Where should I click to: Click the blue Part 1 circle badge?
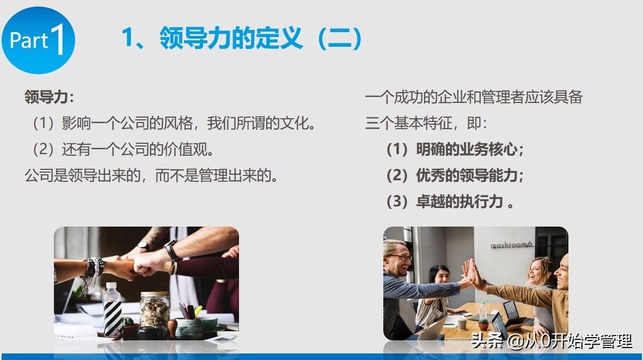[x=38, y=41]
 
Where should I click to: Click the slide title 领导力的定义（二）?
[x=242, y=39]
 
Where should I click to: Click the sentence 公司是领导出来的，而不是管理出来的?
[x=152, y=175]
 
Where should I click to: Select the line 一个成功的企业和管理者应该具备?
[x=474, y=97]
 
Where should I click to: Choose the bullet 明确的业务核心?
[x=455, y=149]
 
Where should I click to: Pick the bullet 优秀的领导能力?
[x=455, y=175]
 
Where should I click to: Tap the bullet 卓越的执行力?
[x=450, y=202]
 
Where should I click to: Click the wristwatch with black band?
[x=172, y=252]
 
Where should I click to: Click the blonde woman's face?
[x=536, y=272]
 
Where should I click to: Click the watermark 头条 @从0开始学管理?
[x=552, y=341]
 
